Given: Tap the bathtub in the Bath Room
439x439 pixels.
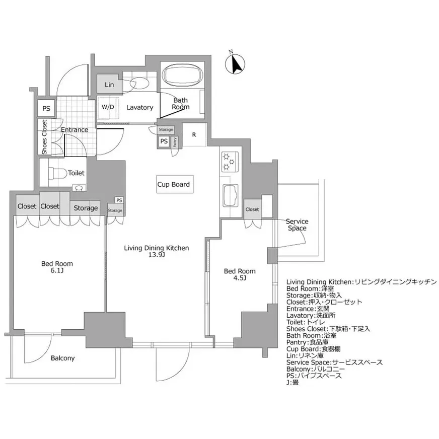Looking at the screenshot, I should (182, 77).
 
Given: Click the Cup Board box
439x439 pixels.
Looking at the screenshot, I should (173, 185).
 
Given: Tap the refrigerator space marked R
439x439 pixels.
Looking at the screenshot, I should (194, 134).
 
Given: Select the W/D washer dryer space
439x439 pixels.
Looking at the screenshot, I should (108, 107).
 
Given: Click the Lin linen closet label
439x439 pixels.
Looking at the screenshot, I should (109, 85).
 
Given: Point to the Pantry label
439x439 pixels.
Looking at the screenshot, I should (175, 141).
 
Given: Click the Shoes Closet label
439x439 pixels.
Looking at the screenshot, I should (44, 137).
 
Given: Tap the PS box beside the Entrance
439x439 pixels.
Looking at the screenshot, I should (46, 108).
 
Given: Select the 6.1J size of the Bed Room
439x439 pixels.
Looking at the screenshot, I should (57, 271).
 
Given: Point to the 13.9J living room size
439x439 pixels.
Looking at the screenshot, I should (157, 255).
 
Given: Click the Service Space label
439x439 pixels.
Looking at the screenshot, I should (297, 225).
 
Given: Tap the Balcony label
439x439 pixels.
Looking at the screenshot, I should (63, 358).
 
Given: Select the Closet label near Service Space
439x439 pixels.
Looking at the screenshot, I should (252, 209).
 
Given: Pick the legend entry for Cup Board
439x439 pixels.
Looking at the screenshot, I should (322, 349).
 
